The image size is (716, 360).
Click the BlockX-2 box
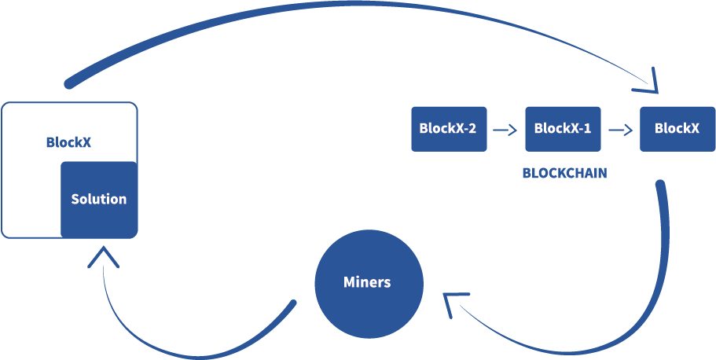[x=449, y=129]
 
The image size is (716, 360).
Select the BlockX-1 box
[x=563, y=129]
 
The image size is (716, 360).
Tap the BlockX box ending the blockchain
[x=677, y=129]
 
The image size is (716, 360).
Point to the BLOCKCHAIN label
[x=564, y=173]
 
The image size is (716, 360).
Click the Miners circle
[x=368, y=283]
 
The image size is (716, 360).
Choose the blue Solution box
[x=99, y=199]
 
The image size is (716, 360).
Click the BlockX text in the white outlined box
[x=68, y=142]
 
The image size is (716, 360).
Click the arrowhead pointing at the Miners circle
[x=450, y=302]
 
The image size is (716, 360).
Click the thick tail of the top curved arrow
[x=71, y=82]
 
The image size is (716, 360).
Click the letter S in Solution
[x=75, y=200]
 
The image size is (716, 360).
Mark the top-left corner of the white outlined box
[x=4, y=105]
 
